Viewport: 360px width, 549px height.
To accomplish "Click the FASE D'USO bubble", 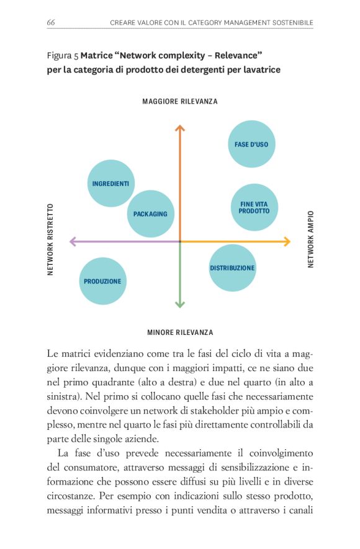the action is pyautogui.click(x=251, y=145).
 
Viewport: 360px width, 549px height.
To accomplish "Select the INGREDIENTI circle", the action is pyautogui.click(x=110, y=183).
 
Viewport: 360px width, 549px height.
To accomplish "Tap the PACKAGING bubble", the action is pyautogui.click(x=150, y=214).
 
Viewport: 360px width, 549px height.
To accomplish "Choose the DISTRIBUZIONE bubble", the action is pyautogui.click(x=232, y=268).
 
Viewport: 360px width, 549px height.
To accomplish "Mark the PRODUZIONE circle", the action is pyautogui.click(x=102, y=281).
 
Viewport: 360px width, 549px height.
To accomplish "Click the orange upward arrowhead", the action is pyautogui.click(x=180, y=128).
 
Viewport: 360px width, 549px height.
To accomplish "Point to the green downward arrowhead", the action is pyautogui.click(x=180, y=304).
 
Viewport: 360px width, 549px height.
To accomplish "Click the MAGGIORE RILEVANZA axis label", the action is pyautogui.click(x=180, y=102).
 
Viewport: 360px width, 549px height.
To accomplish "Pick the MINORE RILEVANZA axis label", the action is pyautogui.click(x=180, y=332).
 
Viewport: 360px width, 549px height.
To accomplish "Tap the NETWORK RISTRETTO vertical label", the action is pyautogui.click(x=51, y=239).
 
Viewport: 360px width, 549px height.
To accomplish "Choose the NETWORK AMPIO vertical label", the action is pyautogui.click(x=310, y=239).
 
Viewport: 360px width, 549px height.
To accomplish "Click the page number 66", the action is pyautogui.click(x=51, y=23).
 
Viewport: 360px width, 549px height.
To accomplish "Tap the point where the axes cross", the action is pyautogui.click(x=180, y=241).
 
